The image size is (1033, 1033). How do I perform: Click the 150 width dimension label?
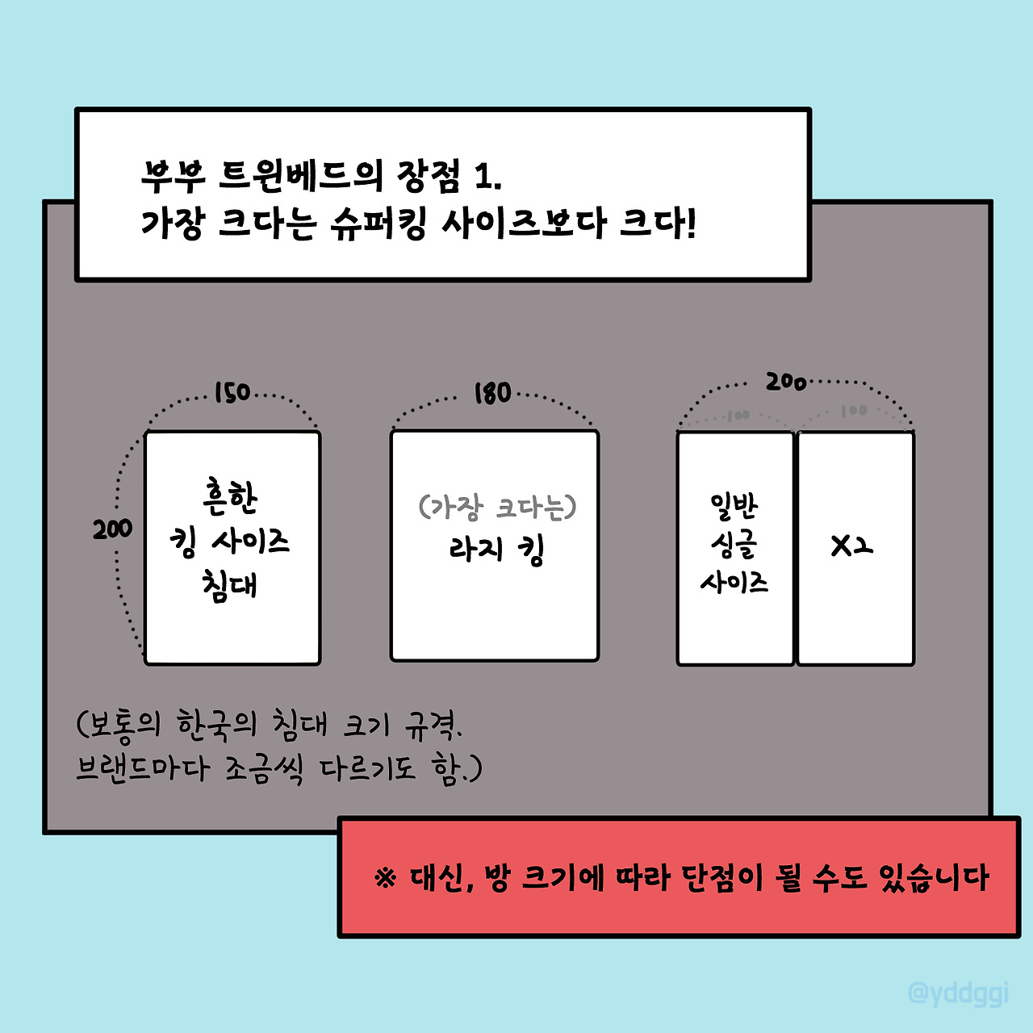232,393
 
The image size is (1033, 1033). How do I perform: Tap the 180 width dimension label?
493,393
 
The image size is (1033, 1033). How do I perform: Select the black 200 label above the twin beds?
786,381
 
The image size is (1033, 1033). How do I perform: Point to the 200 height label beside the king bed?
112,529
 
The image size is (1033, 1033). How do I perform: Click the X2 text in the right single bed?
852,546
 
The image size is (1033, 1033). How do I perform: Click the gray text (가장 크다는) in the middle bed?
497,507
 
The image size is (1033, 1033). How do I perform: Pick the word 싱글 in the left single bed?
734,545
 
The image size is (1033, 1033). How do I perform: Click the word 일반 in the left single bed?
734,507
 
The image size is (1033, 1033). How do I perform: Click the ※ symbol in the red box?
387,877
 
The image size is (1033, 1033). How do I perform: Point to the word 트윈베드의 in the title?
300,174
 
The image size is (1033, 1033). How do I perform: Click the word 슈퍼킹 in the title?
378,223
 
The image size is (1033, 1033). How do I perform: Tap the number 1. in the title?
487,174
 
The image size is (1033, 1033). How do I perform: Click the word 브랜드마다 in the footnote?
143,767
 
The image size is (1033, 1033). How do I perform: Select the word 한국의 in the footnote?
216,724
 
